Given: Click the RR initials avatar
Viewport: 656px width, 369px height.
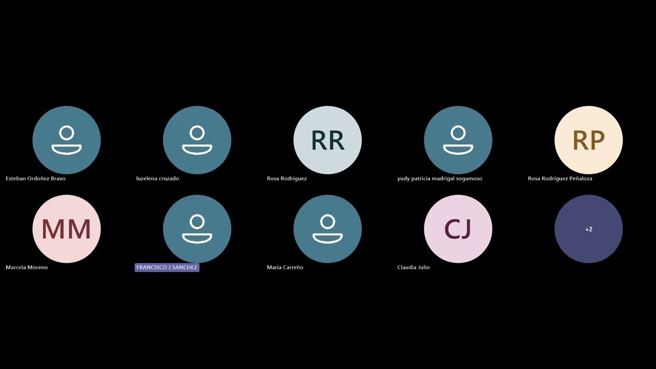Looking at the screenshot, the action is (327, 140).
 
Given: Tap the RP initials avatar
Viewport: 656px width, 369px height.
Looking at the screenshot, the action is (589, 140).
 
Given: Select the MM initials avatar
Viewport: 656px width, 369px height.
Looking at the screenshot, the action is (67, 229).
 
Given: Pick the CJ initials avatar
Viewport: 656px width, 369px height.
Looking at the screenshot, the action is (458, 229).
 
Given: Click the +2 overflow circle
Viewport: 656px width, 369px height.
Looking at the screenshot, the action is (589, 229).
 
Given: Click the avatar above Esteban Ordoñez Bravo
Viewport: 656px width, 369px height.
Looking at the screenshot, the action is (67, 140).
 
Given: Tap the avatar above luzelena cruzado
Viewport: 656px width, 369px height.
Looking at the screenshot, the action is (197, 140).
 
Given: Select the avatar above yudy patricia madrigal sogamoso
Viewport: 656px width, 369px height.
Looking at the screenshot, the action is (458, 140).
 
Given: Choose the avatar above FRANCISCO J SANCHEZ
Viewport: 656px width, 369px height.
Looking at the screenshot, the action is (197, 229).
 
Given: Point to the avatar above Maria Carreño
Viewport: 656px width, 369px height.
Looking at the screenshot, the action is (327, 229).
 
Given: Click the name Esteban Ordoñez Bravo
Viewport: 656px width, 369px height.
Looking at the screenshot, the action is (35, 178).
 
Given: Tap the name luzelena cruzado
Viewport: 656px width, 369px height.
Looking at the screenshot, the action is (157, 178).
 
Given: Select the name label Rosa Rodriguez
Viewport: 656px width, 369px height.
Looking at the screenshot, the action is (286, 178).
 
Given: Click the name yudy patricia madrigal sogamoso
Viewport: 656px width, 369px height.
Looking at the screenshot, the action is (440, 178).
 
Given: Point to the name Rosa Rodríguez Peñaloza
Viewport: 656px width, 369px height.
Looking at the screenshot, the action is (560, 178).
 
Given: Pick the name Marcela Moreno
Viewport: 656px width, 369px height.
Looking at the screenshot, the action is (27, 267).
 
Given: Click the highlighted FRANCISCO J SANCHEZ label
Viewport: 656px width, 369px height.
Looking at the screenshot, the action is (167, 268).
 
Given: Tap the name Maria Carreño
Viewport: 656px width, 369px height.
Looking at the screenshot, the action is (285, 267).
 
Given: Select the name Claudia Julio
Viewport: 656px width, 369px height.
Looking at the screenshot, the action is (413, 267).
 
